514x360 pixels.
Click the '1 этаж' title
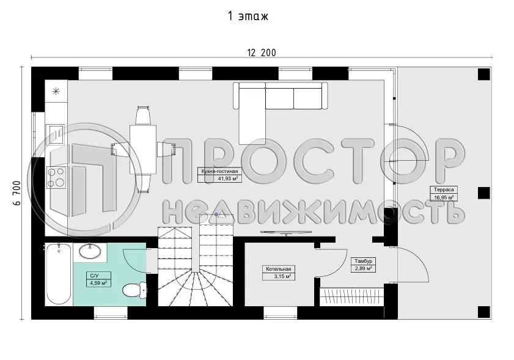pos(248,16)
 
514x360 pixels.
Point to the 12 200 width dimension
pos(261,53)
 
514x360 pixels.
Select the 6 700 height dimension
pos(17,193)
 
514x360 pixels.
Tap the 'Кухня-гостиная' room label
pos(219,171)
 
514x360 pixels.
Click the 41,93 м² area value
pos(227,178)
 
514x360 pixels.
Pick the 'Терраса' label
pos(444,189)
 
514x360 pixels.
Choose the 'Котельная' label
pos(278,269)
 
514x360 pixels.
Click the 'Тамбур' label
pos(363,262)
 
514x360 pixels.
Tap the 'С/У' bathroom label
pos(94,276)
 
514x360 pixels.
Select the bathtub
pos(59,274)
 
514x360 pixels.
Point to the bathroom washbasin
pos(90,252)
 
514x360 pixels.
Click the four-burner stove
pos(56,177)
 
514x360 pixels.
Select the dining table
pos(142,149)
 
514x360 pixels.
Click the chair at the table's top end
pos(143,116)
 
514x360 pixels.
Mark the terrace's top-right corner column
pos(484,75)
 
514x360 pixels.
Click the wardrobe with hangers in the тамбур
pos(352,296)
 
